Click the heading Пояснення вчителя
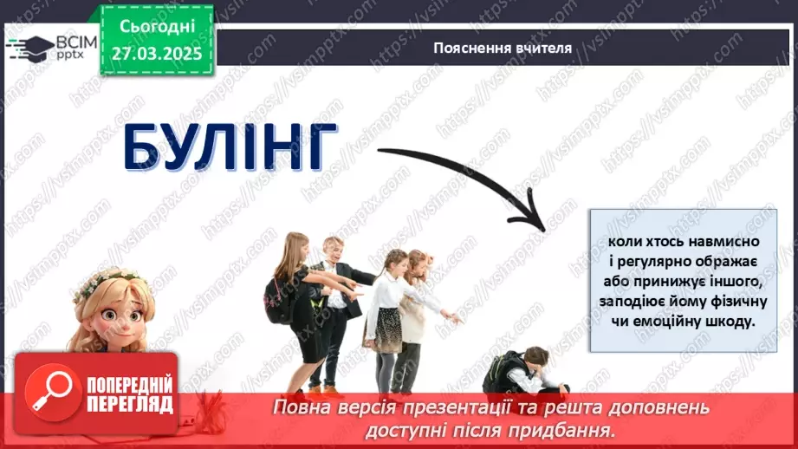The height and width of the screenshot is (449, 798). pyautogui.click(x=503, y=48)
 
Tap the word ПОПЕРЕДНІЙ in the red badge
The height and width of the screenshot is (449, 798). pyautogui.click(x=128, y=384)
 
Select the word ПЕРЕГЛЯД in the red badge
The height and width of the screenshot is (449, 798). pyautogui.click(x=128, y=404)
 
